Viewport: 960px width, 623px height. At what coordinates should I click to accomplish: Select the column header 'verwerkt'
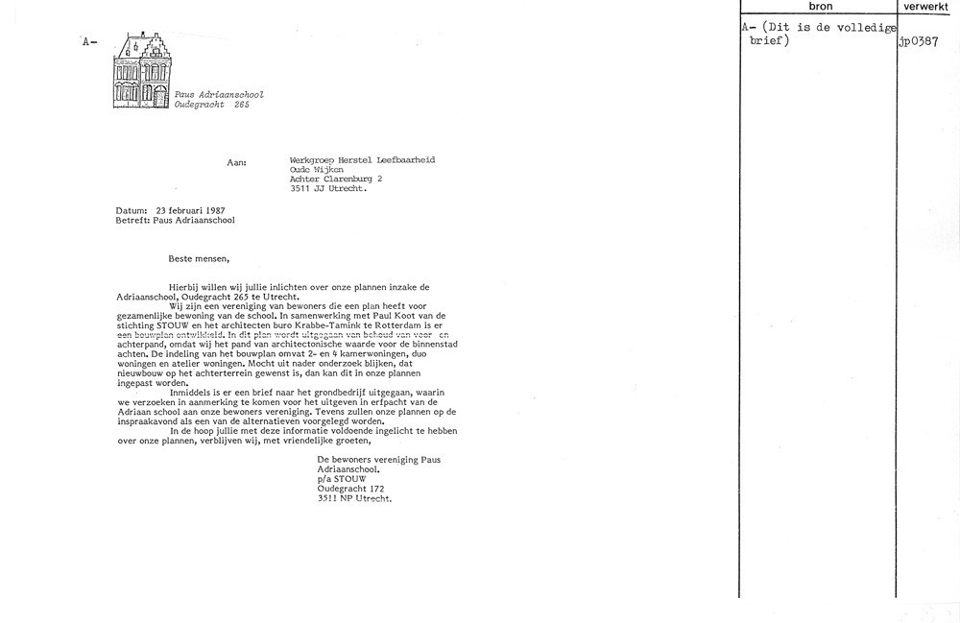pyautogui.click(x=927, y=7)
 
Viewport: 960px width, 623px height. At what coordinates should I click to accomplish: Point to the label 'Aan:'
pyautogui.click(x=236, y=163)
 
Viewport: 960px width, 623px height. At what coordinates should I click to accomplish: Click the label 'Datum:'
pyautogui.click(x=131, y=209)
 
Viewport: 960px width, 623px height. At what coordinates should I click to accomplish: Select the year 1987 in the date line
pyautogui.click(x=213, y=209)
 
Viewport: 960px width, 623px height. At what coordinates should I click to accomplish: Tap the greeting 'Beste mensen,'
pyautogui.click(x=200, y=257)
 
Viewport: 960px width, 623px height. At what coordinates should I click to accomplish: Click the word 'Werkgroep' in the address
pyautogui.click(x=312, y=159)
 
